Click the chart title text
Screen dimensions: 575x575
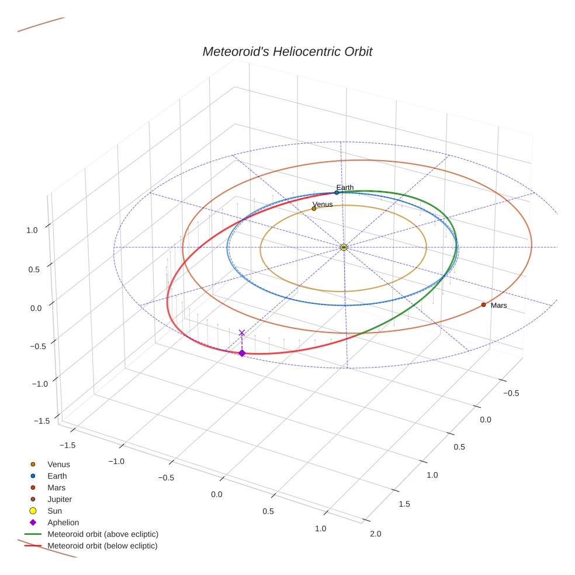coord(287,52)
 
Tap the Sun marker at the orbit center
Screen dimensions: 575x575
coord(344,247)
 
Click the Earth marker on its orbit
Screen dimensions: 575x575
coord(337,192)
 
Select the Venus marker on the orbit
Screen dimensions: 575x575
coord(314,209)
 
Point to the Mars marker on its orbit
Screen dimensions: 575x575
coord(483,304)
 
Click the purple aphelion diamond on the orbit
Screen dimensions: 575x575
coord(242,353)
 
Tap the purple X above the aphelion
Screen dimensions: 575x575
coord(242,332)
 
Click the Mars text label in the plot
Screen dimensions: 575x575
coord(498,306)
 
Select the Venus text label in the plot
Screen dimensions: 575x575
coord(323,204)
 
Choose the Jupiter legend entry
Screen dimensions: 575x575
coord(59,499)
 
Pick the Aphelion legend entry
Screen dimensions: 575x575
coord(63,522)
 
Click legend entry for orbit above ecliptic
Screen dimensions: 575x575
coord(103,534)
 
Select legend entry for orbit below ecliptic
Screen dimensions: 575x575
coord(103,546)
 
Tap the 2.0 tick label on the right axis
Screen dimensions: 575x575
coord(375,534)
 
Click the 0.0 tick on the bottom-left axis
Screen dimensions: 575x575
coord(216,495)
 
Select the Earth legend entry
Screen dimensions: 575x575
coord(57,476)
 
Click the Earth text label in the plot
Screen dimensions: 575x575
coord(345,188)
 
